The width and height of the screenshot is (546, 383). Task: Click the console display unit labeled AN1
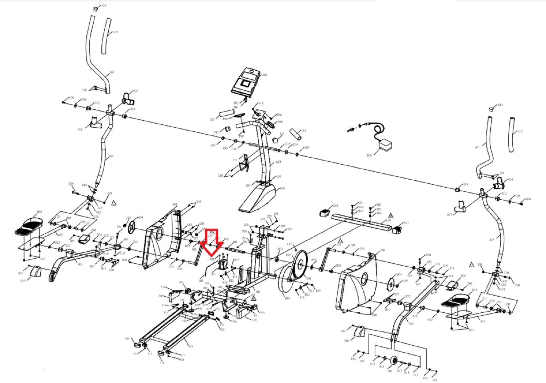(246, 82)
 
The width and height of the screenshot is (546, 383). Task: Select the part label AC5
(278, 162)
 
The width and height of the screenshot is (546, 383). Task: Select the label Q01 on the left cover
(175, 205)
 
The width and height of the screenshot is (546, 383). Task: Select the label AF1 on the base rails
(191, 346)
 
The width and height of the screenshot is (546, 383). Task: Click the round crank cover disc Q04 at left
(132, 228)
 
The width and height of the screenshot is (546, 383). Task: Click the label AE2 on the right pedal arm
(411, 324)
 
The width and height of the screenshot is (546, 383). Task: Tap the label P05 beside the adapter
(369, 156)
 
